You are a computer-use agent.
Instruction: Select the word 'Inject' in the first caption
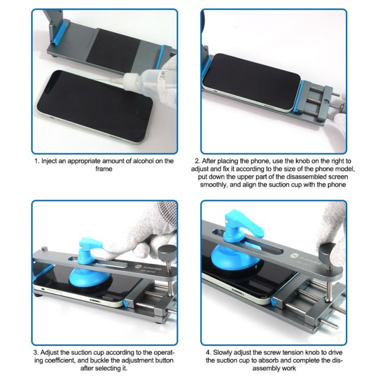click(x=50, y=161)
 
